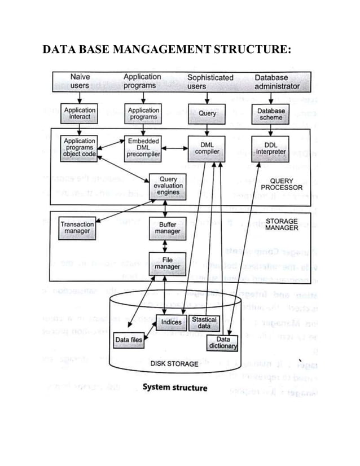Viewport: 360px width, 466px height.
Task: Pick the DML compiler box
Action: pos(207,148)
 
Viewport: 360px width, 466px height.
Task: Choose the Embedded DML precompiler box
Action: pos(143,147)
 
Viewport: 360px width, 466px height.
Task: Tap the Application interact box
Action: pos(80,113)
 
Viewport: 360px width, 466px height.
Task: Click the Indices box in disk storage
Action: pos(172,322)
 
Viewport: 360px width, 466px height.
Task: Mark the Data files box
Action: pos(129,340)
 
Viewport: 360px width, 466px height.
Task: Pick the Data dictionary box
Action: pos(223,342)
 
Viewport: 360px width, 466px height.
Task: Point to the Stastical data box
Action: pos(204,323)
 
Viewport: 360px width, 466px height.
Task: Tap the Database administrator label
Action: pos(276,81)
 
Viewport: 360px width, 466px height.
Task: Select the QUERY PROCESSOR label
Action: pos(282,183)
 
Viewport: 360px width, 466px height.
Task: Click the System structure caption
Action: pos(174,388)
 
